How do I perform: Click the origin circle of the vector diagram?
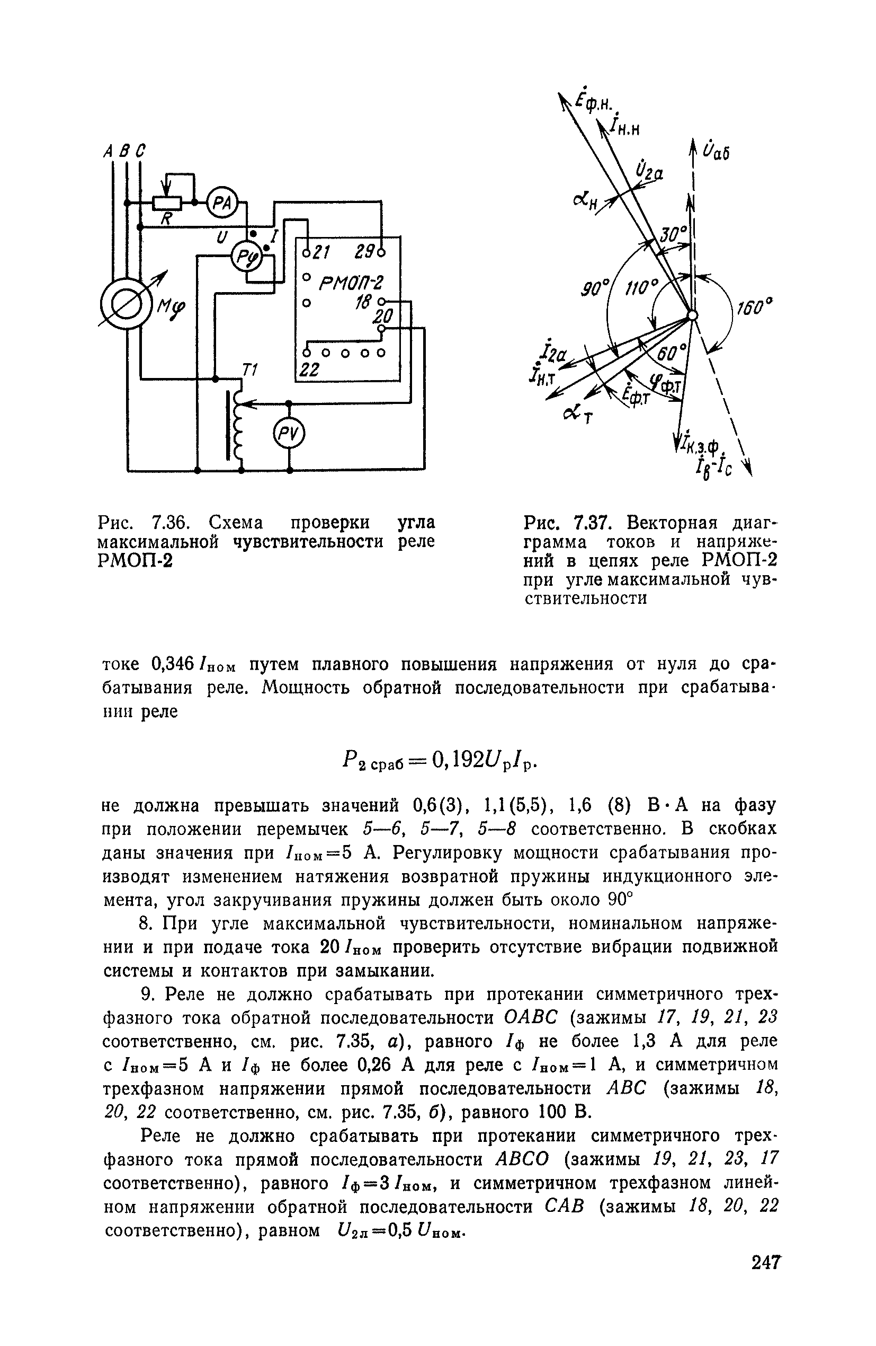click(692, 315)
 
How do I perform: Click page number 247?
click(765, 1279)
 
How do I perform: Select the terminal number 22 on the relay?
click(309, 370)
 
